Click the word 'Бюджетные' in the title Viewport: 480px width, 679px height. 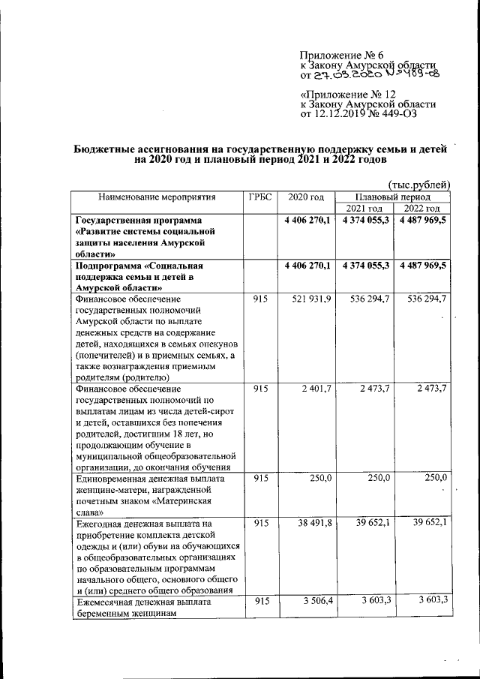(105, 149)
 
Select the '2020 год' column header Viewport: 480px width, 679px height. (306, 197)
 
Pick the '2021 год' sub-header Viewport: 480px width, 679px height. (364, 208)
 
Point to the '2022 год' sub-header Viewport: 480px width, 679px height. (422, 208)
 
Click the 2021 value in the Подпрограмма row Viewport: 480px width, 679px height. (365, 266)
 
